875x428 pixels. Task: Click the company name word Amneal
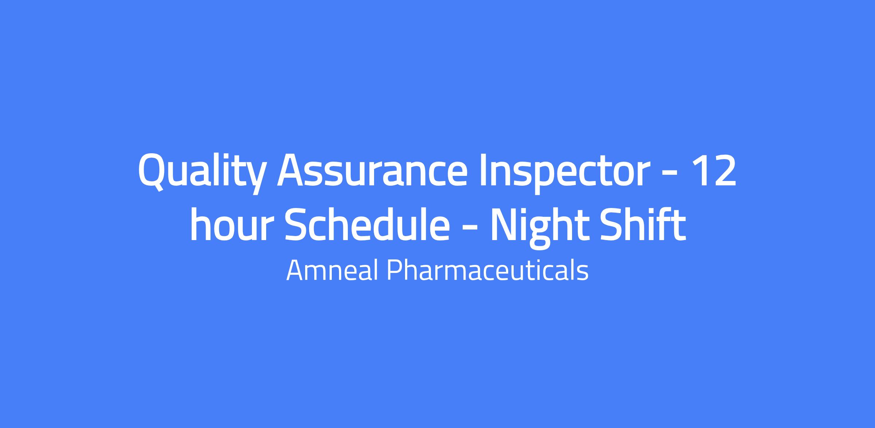pyautogui.click(x=332, y=271)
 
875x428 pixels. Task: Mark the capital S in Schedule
pyautogui.click(x=297, y=224)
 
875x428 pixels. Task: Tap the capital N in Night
pyautogui.click(x=505, y=224)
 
